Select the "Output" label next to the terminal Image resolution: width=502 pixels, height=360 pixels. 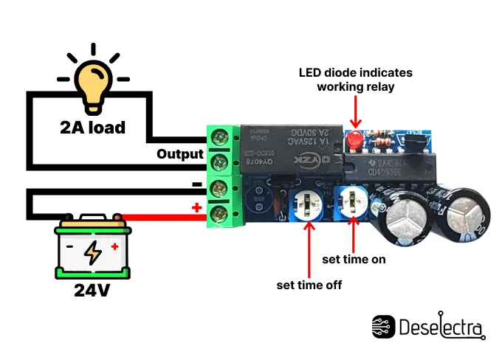click(x=179, y=154)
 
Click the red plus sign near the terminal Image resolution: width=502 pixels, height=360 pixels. click(x=196, y=208)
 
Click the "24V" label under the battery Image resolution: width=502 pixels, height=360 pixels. click(x=92, y=290)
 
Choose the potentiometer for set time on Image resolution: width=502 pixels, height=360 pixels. click(x=354, y=200)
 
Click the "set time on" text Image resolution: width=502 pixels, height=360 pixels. click(x=354, y=260)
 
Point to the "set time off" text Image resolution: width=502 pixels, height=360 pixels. click(x=309, y=284)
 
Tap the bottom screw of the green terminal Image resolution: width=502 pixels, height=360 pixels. click(x=219, y=214)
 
